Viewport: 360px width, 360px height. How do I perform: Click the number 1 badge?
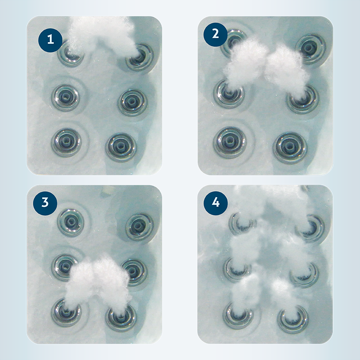click(50, 40)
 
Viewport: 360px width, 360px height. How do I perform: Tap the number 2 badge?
click(216, 34)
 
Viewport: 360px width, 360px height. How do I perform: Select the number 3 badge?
click(45, 203)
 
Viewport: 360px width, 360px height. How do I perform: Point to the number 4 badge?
click(216, 203)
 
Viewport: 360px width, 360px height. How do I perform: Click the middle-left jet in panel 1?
click(66, 97)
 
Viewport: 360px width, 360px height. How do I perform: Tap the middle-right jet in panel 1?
click(132, 103)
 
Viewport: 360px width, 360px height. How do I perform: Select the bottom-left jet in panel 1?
click(66, 142)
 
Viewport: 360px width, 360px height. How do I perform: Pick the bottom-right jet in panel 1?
click(121, 147)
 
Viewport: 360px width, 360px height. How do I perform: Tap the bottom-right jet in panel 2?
click(290, 147)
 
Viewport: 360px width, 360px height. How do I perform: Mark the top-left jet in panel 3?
click(71, 222)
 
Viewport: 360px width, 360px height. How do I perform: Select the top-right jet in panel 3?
click(139, 227)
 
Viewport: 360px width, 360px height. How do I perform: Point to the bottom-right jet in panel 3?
click(121, 318)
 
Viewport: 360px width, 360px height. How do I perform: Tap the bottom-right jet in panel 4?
click(293, 319)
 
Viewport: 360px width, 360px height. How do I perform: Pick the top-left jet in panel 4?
click(243, 223)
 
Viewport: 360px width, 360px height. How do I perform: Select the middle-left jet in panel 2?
click(229, 94)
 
